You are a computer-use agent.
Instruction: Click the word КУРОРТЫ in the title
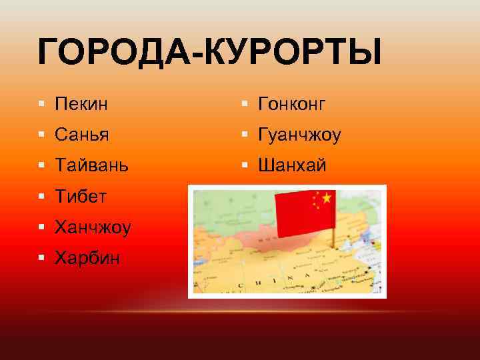coord(293,52)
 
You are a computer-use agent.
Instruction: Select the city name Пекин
coord(82,103)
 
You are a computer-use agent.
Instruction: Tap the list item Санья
coord(82,135)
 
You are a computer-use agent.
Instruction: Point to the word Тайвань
coord(92,165)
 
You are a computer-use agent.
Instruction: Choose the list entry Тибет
coord(81,196)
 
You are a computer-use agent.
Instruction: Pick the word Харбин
coord(88,257)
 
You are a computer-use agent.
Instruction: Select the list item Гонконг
coord(291,103)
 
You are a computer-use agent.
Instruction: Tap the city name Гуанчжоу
coord(298,135)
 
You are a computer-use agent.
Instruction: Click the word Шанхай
coord(291,165)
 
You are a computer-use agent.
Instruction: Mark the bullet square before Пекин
coord(42,104)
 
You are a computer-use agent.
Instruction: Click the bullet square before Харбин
coord(42,258)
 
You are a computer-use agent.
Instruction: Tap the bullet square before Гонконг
coord(245,104)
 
